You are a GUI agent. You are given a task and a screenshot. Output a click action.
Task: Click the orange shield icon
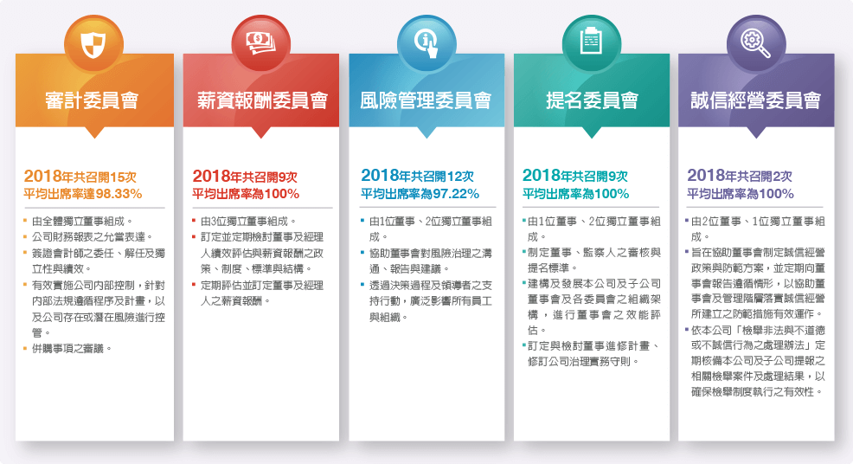pos(93,44)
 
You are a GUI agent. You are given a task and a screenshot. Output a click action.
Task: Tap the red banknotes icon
pos(260,42)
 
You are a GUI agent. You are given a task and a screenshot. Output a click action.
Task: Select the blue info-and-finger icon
pos(426,44)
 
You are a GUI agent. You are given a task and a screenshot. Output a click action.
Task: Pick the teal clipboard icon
pos(591,42)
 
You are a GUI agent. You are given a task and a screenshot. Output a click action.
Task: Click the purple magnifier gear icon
pos(755,43)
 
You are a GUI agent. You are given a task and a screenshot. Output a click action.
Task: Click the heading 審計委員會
pos(92,100)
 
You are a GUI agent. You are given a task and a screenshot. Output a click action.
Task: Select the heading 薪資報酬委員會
pos(261,100)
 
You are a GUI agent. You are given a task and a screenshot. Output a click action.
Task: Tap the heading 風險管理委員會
pos(426,100)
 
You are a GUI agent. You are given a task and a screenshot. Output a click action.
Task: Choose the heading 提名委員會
pos(592,100)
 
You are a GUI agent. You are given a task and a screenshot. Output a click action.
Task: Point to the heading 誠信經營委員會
pos(756,100)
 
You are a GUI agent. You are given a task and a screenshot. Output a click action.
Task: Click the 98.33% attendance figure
pos(119,194)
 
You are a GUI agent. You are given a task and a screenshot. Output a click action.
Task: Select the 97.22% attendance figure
pos(456,194)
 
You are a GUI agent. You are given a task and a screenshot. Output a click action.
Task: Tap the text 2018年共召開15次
pos(80,177)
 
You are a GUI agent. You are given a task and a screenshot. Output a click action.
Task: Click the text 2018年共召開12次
pos(417,176)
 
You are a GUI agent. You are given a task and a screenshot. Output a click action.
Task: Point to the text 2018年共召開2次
pos(740,176)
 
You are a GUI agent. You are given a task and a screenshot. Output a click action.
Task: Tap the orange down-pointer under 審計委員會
pos(94,132)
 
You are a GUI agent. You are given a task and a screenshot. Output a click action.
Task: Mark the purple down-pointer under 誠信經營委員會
pos(756,132)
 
